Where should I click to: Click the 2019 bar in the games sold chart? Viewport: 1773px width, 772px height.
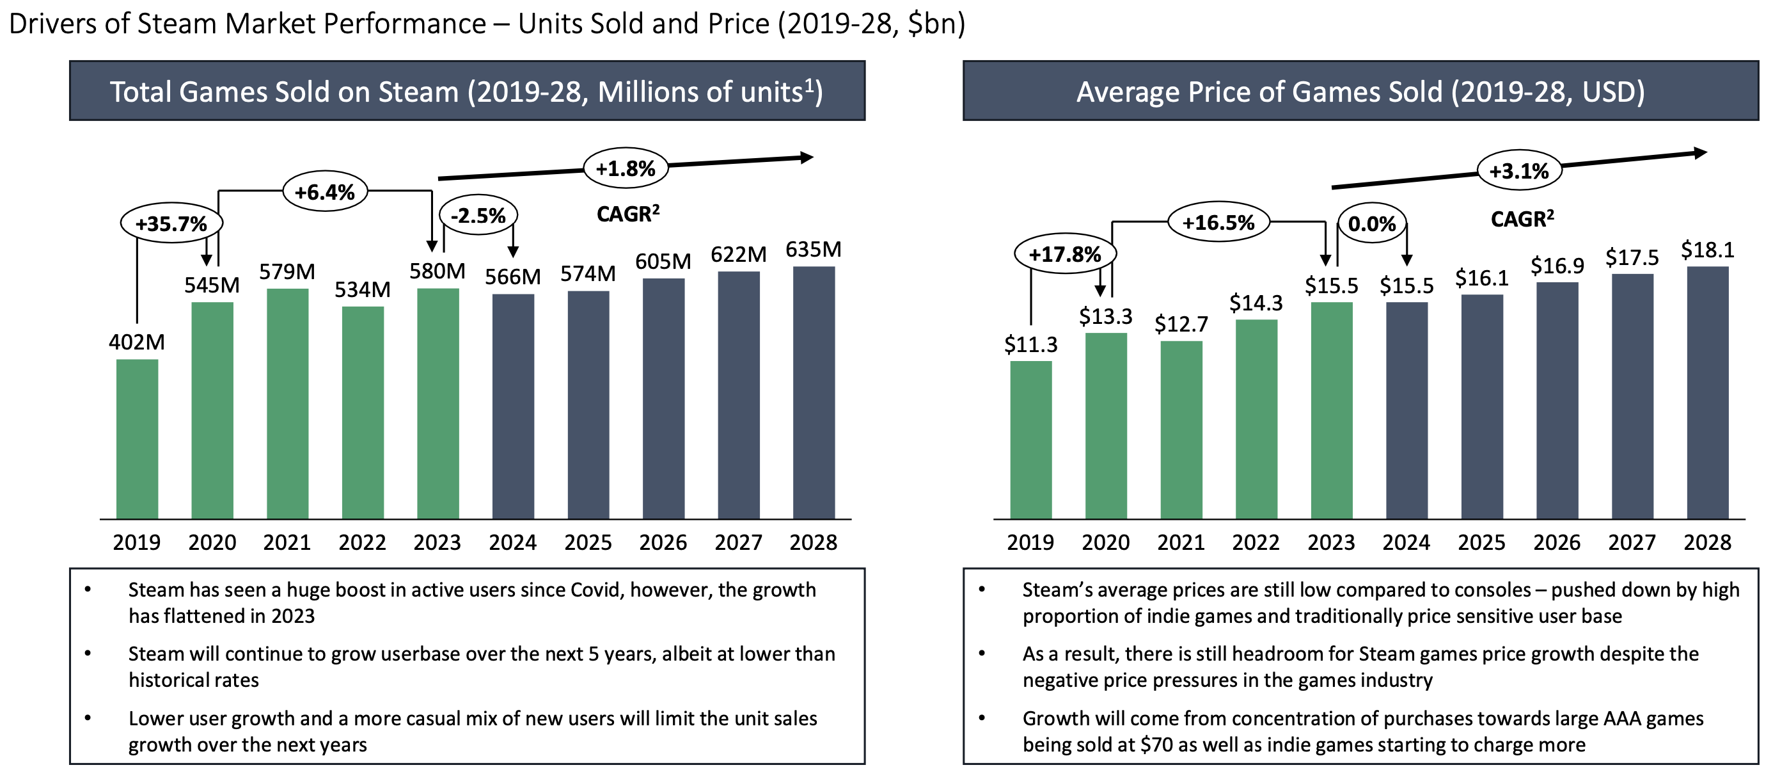tap(137, 438)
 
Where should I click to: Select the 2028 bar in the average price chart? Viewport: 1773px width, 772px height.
tap(1707, 392)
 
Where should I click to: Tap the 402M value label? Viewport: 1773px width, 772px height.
tap(137, 342)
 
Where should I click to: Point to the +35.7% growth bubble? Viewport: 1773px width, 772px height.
tap(171, 223)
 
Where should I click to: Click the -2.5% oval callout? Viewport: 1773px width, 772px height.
tap(478, 216)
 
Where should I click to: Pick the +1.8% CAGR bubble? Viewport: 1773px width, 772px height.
tap(626, 169)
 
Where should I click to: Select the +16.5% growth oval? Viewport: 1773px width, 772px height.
tap(1218, 222)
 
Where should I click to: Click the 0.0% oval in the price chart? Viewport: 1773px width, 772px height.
tap(1372, 224)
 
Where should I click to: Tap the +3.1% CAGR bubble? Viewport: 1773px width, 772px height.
tap(1519, 171)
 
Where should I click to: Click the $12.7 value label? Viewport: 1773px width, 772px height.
tap(1181, 324)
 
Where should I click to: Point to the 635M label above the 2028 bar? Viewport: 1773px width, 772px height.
tap(814, 249)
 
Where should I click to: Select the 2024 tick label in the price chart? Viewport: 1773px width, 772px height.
tap(1406, 543)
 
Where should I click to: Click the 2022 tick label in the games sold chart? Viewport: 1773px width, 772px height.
tap(362, 543)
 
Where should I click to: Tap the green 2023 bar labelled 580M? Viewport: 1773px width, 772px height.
tap(437, 403)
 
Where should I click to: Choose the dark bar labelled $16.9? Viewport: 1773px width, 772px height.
tap(1557, 399)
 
